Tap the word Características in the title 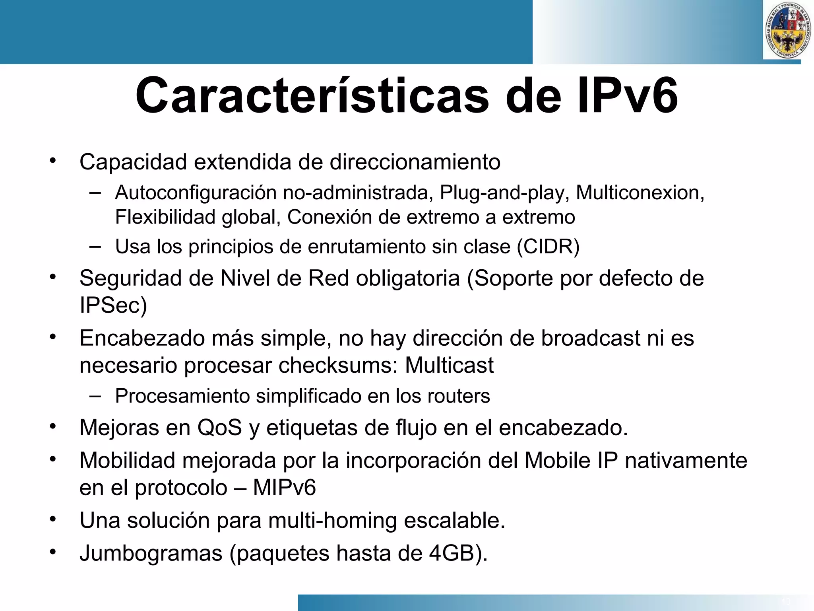312,96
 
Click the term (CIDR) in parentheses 548,247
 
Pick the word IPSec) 113,305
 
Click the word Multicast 449,365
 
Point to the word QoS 219,428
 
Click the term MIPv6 284,488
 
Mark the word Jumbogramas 151,553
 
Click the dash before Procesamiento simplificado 95,396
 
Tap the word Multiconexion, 640,193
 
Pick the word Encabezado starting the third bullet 142,339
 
